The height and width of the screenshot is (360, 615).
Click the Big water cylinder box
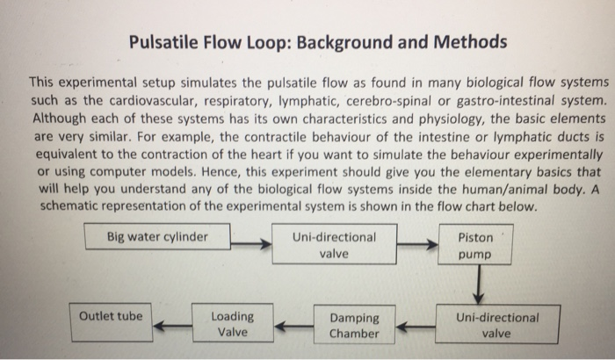coord(157,237)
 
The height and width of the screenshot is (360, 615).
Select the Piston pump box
coord(476,246)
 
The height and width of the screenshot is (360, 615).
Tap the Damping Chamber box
coord(355,325)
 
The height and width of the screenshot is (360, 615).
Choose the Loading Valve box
coord(233,324)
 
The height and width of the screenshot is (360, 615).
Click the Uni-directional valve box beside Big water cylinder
coord(336,245)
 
